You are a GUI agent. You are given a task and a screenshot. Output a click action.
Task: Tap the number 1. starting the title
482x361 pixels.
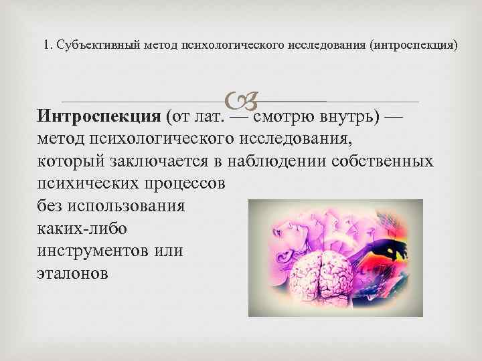[x=47, y=46]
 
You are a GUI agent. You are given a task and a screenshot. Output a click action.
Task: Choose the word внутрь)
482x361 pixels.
[x=352, y=117]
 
